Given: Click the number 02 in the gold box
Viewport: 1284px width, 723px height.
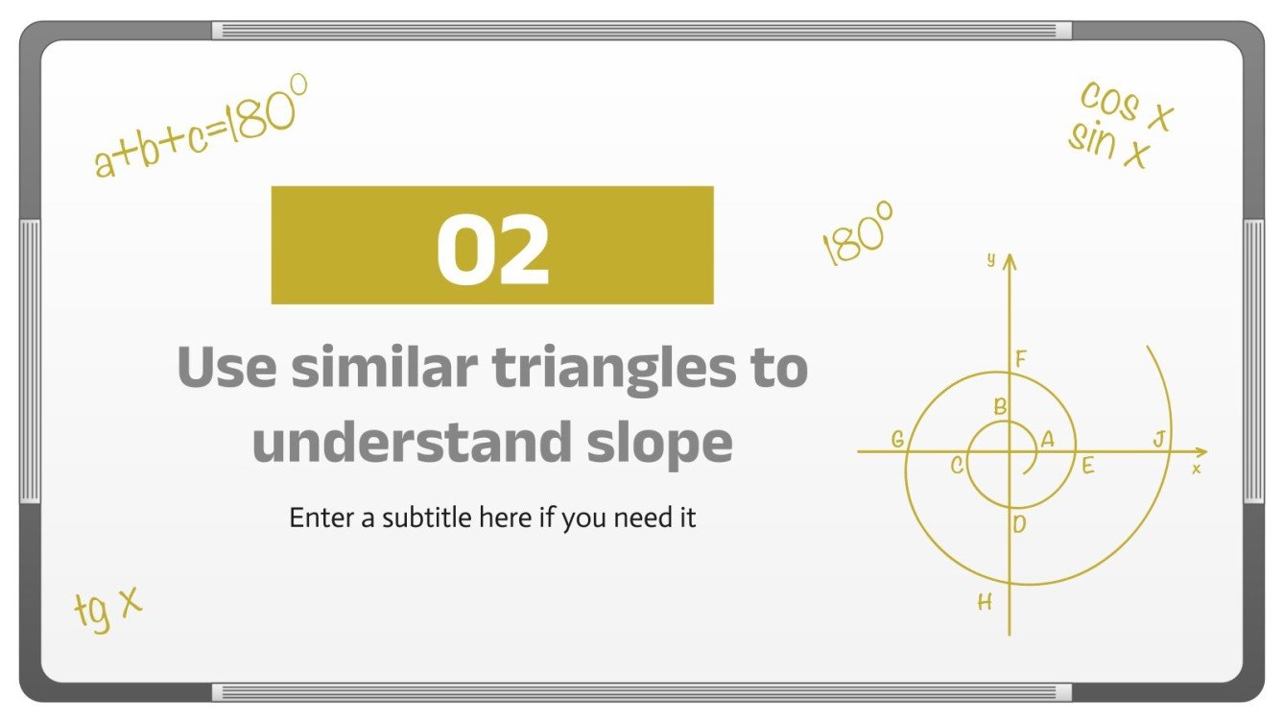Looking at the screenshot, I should [492, 248].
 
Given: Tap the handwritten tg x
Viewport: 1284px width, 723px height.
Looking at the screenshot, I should [107, 608].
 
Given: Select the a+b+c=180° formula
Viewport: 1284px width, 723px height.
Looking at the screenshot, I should [202, 127].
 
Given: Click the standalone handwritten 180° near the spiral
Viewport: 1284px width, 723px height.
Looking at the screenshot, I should [858, 233].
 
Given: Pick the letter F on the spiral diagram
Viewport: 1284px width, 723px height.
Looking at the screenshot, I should [1021, 359].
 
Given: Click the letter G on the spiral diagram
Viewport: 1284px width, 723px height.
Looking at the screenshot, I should [897, 440].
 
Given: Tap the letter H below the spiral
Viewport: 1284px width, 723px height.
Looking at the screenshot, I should [985, 603].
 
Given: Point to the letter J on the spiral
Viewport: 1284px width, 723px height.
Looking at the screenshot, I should [1158, 440].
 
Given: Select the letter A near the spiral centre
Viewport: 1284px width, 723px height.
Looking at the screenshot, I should [1047, 439].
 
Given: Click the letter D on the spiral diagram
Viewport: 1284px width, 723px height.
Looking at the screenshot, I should [1019, 523].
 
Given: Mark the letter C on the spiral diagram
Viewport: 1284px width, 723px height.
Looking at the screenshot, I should [957, 466].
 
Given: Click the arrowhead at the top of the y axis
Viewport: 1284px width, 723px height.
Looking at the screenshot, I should [1010, 259].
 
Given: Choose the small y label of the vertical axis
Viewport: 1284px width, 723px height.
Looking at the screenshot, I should [990, 259].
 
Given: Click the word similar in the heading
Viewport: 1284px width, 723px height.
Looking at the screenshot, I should [389, 369].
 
